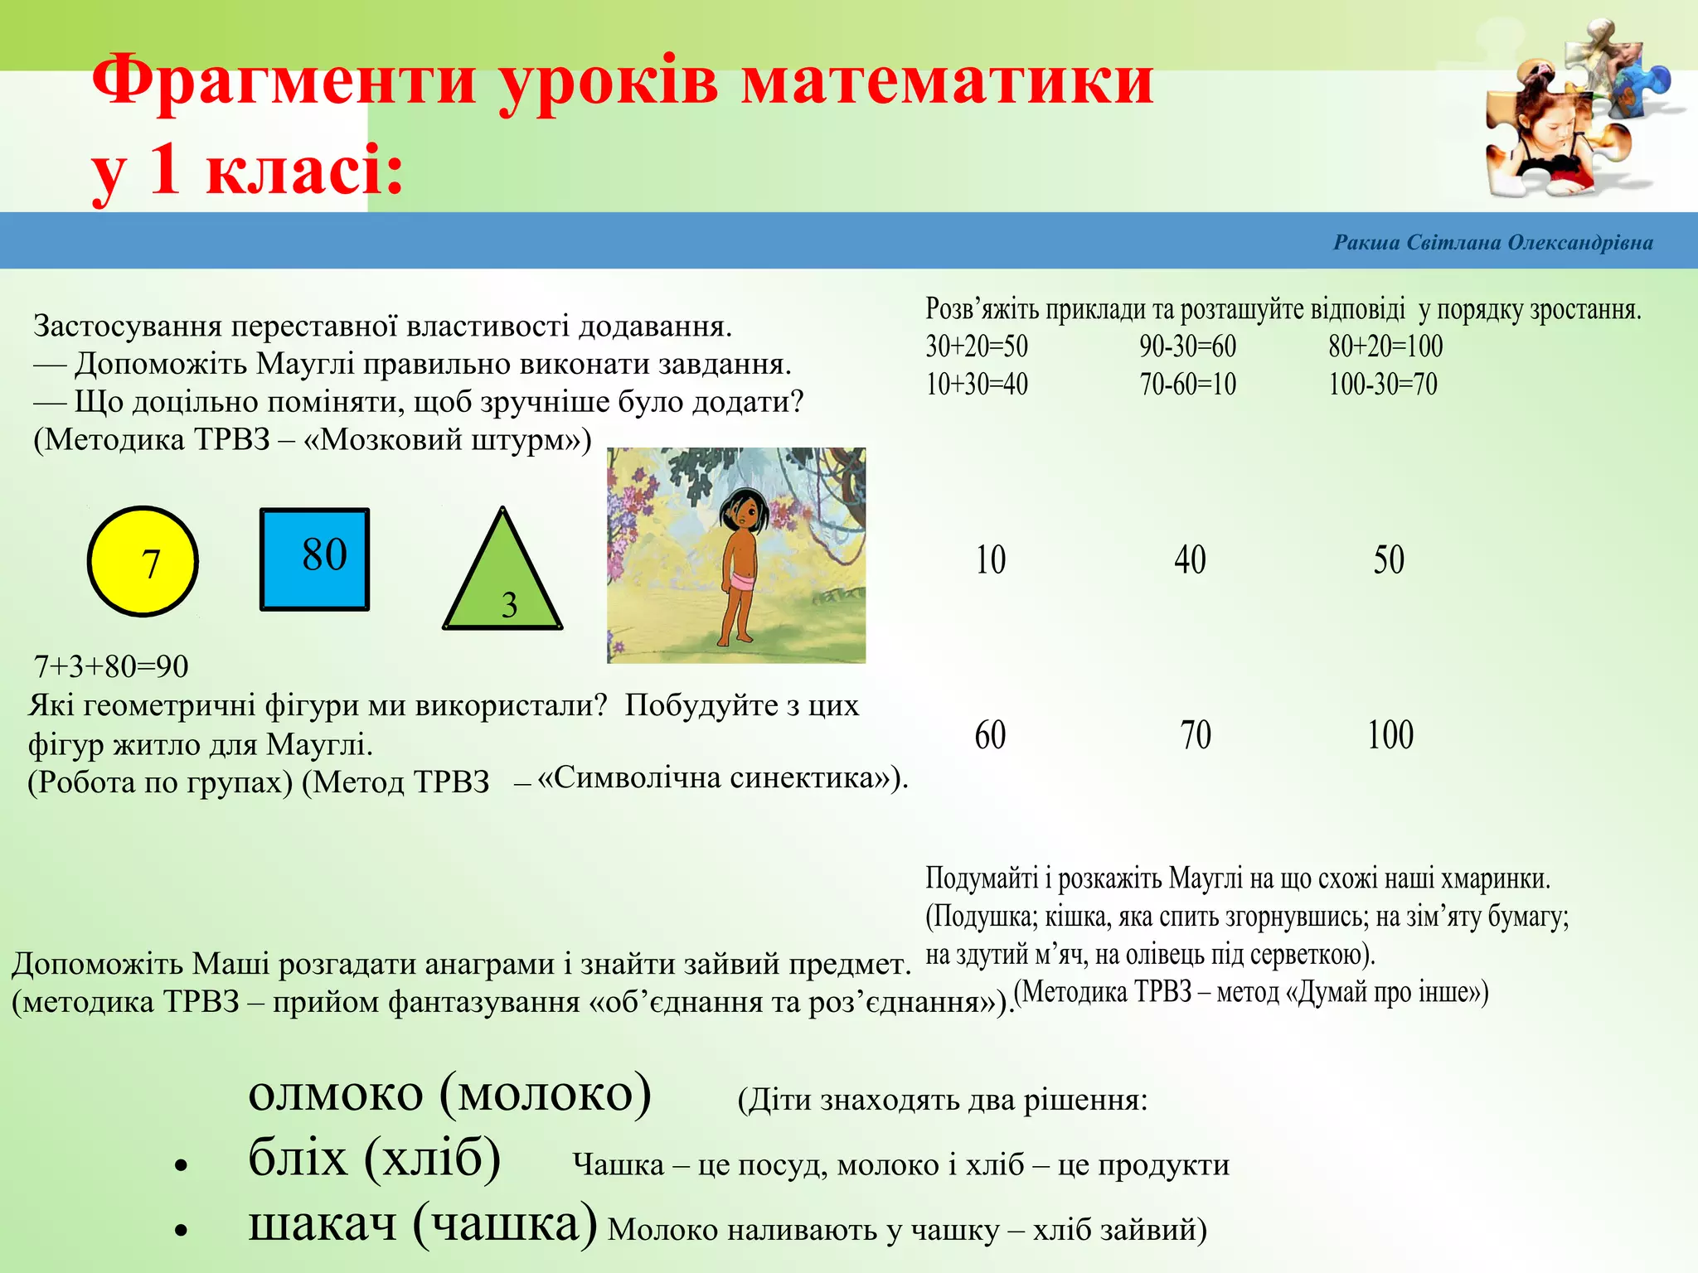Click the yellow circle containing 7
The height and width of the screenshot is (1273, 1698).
pyautogui.click(x=143, y=562)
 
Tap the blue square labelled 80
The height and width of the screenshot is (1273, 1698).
pyautogui.click(x=315, y=559)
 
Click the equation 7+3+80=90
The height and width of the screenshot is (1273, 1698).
pyautogui.click(x=111, y=666)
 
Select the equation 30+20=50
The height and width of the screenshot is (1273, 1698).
pyautogui.click(x=977, y=346)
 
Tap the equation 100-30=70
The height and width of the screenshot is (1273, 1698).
pyautogui.click(x=1383, y=385)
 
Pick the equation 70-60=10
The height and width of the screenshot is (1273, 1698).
pyautogui.click(x=1187, y=385)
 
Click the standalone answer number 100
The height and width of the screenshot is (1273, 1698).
pyautogui.click(x=1390, y=735)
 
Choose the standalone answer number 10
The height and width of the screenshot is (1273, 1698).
pyautogui.click(x=990, y=560)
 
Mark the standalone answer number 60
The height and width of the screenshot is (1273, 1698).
pyautogui.click(x=990, y=735)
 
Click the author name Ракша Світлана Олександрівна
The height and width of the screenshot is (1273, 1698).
pyautogui.click(x=1492, y=243)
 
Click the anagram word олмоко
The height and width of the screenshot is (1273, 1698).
pyautogui.click(x=336, y=1094)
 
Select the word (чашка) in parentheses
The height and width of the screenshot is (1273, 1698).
pyautogui.click(x=505, y=1223)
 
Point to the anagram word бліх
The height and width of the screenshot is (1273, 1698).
pyautogui.click(x=298, y=1158)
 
